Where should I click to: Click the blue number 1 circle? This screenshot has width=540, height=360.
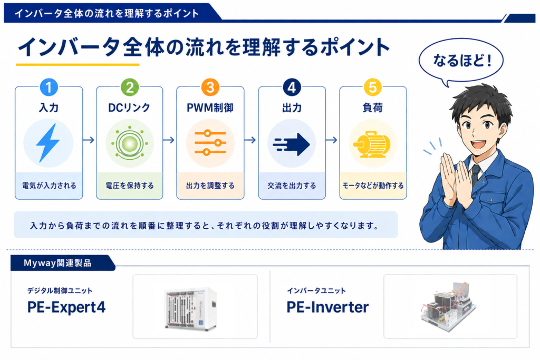coord(49,87)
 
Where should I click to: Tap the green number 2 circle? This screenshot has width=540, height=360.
coord(130,87)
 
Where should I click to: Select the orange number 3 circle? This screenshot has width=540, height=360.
coord(210,87)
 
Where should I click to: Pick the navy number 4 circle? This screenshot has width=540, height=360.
coord(292,87)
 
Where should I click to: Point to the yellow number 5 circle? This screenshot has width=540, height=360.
coord(373,87)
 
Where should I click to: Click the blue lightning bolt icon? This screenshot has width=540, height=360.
coord(48,143)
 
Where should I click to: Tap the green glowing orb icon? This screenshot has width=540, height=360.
coord(130,143)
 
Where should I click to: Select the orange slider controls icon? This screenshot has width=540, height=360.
coord(210,142)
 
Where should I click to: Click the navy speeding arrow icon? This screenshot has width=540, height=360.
coord(291,144)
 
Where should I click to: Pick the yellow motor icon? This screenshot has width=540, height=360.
coord(372,144)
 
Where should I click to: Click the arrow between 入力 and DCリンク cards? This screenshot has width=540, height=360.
coord(89,140)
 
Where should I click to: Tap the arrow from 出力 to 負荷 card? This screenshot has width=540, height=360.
coord(332,140)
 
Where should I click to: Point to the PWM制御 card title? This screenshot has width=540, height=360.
coord(210,108)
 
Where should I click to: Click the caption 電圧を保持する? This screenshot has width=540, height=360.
coord(130,186)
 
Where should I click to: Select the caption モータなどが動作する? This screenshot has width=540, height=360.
coord(373,186)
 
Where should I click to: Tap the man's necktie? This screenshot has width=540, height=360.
coord(476,174)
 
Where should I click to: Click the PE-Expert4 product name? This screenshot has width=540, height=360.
coord(66,307)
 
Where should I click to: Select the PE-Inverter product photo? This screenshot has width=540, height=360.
coord(449,306)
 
